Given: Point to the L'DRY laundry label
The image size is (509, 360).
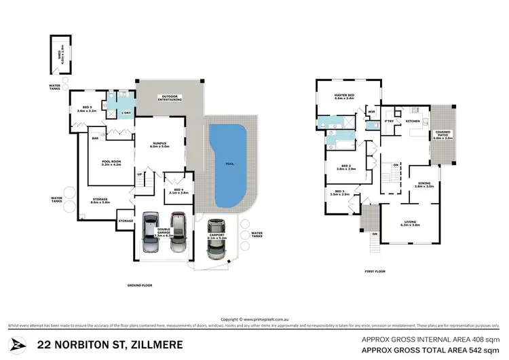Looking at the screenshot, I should (126, 113).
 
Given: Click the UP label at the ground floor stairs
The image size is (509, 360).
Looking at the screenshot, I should (140, 175).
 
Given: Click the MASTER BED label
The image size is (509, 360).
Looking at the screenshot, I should (345, 96).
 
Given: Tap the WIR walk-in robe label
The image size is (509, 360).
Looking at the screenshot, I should (371, 111).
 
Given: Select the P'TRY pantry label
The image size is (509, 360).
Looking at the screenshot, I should (390, 121).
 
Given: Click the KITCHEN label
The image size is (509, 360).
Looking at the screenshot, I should (413, 121).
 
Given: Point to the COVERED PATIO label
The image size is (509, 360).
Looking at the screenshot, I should (443, 134).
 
